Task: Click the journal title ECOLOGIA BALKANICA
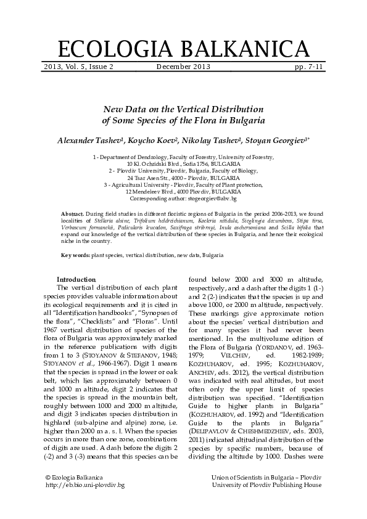[x=183, y=48]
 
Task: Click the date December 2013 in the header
[x=183, y=67]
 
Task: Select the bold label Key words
[x=76, y=255]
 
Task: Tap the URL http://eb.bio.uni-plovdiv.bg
[x=86, y=486]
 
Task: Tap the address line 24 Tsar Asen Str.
[x=183, y=178]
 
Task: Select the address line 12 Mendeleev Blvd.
[x=183, y=192]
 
